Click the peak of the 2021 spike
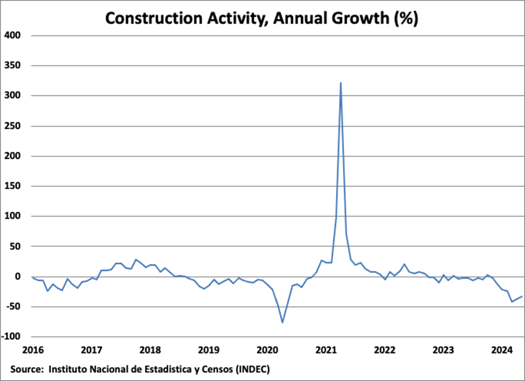point(341,83)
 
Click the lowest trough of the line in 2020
point(282,323)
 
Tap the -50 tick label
point(12,307)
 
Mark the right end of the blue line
point(522,296)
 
